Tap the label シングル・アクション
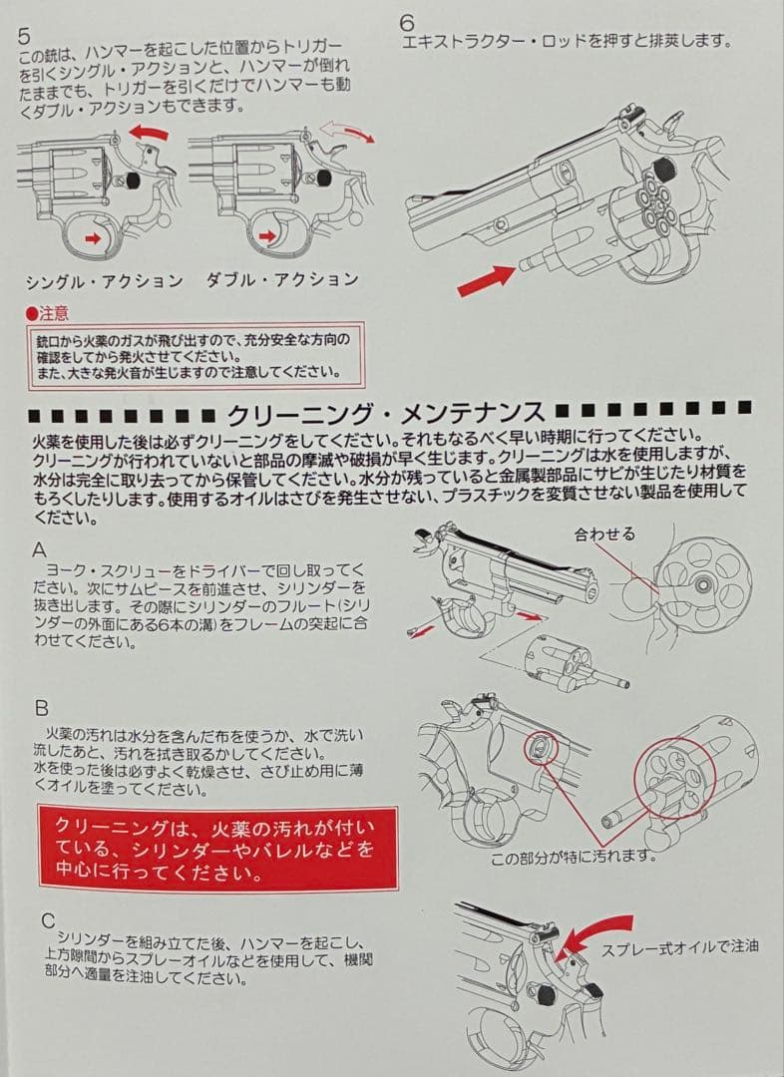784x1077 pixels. click(x=104, y=280)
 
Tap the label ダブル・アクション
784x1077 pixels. click(x=281, y=279)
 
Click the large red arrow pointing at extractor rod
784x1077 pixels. click(x=485, y=277)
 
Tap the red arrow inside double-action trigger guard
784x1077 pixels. click(x=267, y=235)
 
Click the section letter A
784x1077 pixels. click(x=40, y=549)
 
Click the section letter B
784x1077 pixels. click(x=41, y=709)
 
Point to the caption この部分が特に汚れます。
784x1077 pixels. click(x=573, y=857)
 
